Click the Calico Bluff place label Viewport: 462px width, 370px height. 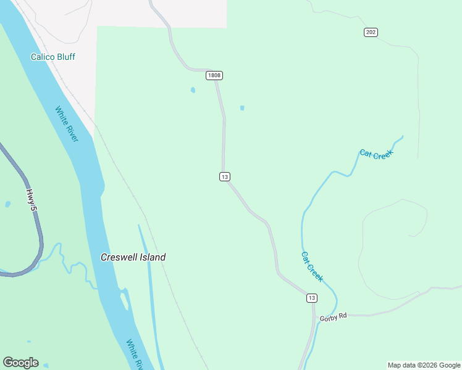point(53,57)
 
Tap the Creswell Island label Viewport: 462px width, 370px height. point(133,257)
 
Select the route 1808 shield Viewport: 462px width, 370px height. point(214,75)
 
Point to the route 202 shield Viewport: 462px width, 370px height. point(371,32)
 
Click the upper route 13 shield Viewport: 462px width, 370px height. point(224,177)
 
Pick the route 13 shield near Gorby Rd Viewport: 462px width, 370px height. point(312,298)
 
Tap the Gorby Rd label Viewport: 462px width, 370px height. point(334,317)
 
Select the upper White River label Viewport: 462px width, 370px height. point(66,124)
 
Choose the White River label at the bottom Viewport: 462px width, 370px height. point(135,353)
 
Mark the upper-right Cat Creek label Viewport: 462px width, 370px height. point(376,154)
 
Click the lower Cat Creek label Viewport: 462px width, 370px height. point(312,266)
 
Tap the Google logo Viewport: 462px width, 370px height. point(20,363)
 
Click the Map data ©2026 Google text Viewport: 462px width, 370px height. point(424,365)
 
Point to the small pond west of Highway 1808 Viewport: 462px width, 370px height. point(193,90)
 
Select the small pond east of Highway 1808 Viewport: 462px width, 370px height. point(242,108)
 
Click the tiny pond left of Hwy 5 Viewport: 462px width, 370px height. point(7,204)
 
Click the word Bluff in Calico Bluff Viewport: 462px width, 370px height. point(65,57)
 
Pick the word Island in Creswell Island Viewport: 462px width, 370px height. point(152,257)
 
